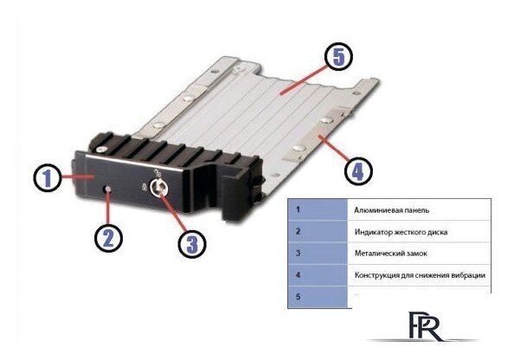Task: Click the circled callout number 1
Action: click(x=48, y=178)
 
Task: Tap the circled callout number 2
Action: click(x=108, y=238)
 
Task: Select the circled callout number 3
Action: click(x=192, y=244)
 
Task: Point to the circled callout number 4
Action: click(x=358, y=170)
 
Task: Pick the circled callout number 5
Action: click(x=338, y=57)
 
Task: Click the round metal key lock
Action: click(x=159, y=188)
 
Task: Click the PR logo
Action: click(x=426, y=326)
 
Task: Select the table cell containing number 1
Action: click(x=318, y=209)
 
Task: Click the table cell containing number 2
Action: click(x=318, y=231)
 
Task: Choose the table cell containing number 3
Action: click(x=318, y=253)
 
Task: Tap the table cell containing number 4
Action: click(x=318, y=274)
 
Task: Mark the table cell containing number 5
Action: click(x=318, y=297)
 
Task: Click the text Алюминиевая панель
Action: click(x=391, y=210)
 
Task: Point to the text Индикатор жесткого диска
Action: click(x=401, y=232)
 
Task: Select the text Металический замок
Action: click(x=391, y=253)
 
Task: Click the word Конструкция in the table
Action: click(x=376, y=275)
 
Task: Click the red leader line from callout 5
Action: click(x=303, y=80)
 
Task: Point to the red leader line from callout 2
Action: click(x=108, y=209)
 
